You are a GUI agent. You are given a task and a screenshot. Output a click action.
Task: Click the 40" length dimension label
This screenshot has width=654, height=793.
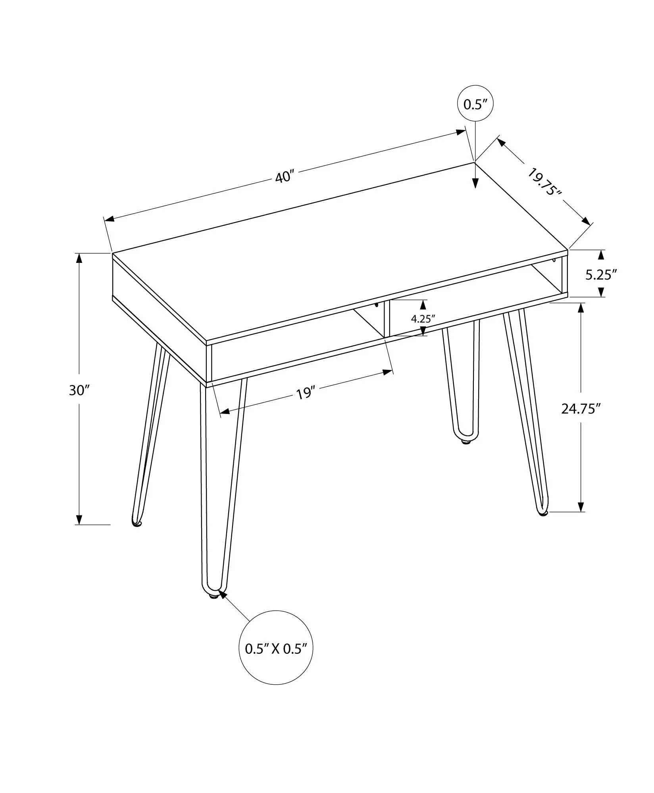284,176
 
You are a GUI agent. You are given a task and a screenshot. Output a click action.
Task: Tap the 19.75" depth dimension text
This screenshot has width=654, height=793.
545,182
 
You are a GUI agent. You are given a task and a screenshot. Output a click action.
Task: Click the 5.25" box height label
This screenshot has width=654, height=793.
601,274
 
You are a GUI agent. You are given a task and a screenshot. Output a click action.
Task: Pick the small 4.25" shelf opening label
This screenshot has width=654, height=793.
423,319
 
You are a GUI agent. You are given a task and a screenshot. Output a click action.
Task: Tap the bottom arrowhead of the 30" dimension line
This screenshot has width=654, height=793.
79,519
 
